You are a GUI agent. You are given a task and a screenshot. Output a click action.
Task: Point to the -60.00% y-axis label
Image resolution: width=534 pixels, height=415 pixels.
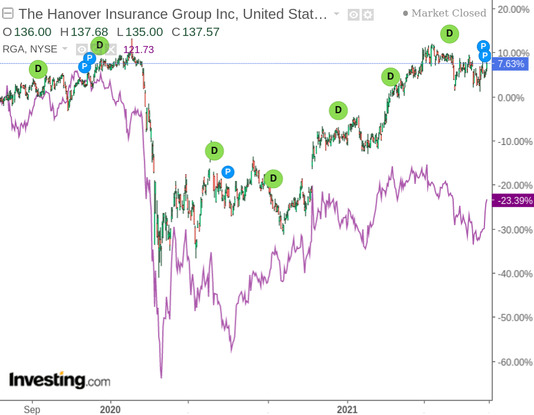click(511, 362)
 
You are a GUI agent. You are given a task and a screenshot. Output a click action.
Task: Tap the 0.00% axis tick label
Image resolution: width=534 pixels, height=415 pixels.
click(511, 97)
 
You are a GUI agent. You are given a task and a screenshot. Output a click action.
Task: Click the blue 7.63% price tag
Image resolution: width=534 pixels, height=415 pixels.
click(510, 64)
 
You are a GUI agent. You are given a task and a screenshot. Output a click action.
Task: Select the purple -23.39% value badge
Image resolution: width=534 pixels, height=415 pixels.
click(513, 200)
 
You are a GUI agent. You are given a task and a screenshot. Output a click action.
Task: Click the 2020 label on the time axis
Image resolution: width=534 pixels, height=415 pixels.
click(110, 409)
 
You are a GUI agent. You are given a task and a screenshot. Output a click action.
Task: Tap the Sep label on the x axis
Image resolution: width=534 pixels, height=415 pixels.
click(32, 409)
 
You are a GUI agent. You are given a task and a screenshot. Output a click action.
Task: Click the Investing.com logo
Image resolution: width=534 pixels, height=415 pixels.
click(60, 380)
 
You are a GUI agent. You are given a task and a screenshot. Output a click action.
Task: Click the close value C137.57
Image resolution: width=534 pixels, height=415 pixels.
click(197, 32)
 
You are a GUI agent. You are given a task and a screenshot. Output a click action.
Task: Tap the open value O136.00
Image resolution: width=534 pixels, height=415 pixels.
click(27, 32)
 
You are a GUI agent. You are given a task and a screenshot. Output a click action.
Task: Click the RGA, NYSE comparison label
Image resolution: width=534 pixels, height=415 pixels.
click(31, 49)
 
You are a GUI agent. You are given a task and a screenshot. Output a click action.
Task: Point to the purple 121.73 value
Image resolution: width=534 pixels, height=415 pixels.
click(139, 50)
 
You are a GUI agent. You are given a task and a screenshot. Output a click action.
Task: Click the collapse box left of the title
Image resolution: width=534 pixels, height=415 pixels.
click(8, 13)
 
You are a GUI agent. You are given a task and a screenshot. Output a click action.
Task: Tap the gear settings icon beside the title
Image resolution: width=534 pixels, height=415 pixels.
click(368, 14)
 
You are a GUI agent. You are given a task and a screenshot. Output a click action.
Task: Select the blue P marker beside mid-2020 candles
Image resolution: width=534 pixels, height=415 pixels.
click(228, 172)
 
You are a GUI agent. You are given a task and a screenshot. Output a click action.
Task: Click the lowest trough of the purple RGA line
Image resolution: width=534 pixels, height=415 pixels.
click(161, 377)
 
